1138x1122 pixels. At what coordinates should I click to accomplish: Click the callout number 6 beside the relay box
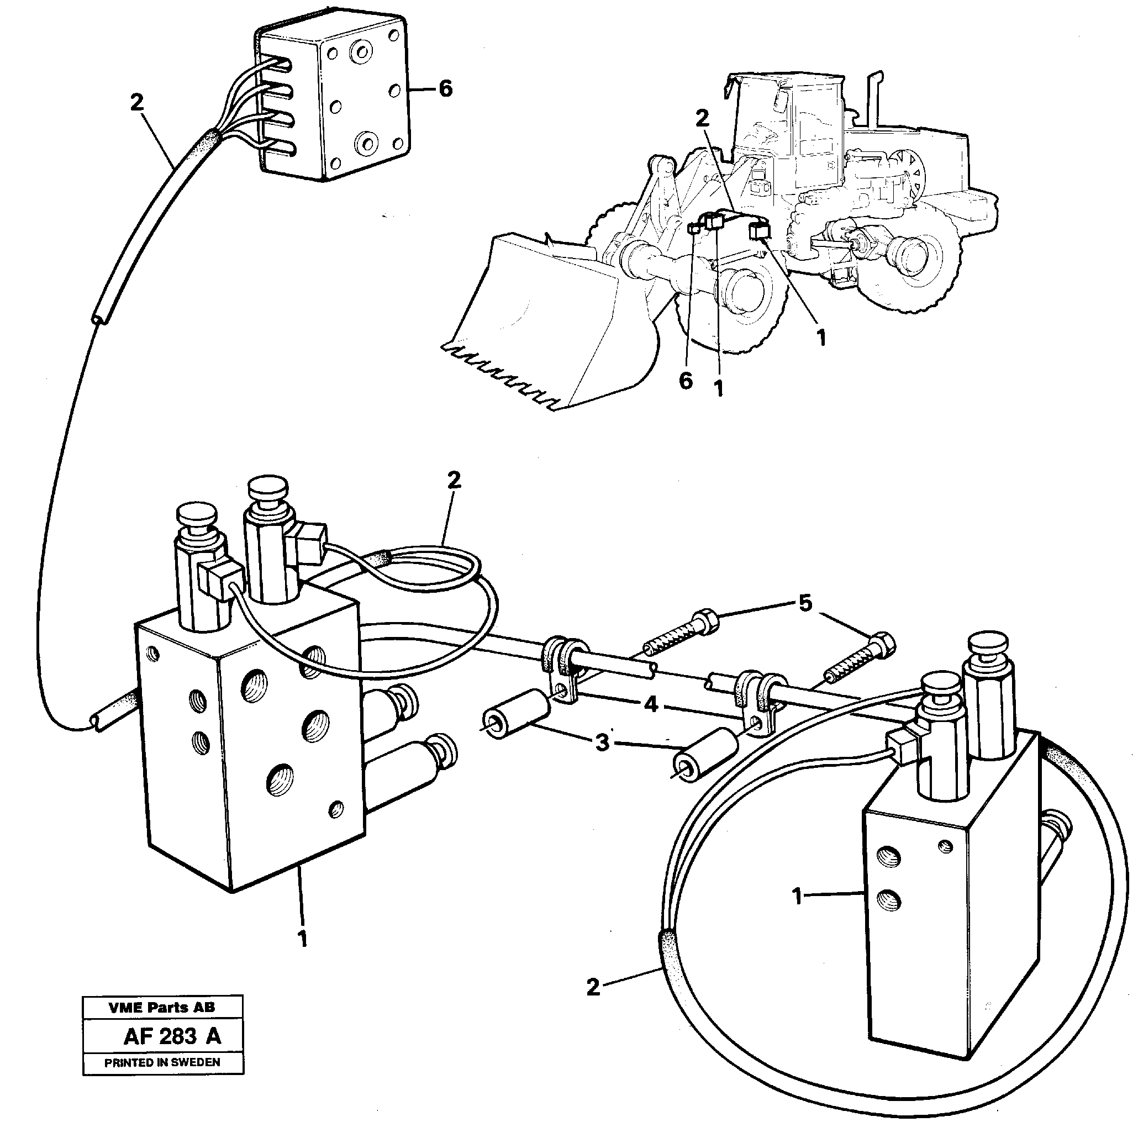point(445,89)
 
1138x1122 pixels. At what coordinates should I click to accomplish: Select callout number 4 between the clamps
point(650,704)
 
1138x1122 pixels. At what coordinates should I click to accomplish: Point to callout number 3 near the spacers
point(602,742)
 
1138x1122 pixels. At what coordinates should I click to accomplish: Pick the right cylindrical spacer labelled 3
point(705,755)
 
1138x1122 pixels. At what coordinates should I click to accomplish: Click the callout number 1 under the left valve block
point(302,939)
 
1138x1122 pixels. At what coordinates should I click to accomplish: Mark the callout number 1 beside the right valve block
point(797,897)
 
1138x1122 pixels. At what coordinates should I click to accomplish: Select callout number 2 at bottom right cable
point(593,987)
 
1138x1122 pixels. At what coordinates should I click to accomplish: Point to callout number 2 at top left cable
point(136,103)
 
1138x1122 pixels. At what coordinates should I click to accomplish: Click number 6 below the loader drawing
point(686,381)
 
